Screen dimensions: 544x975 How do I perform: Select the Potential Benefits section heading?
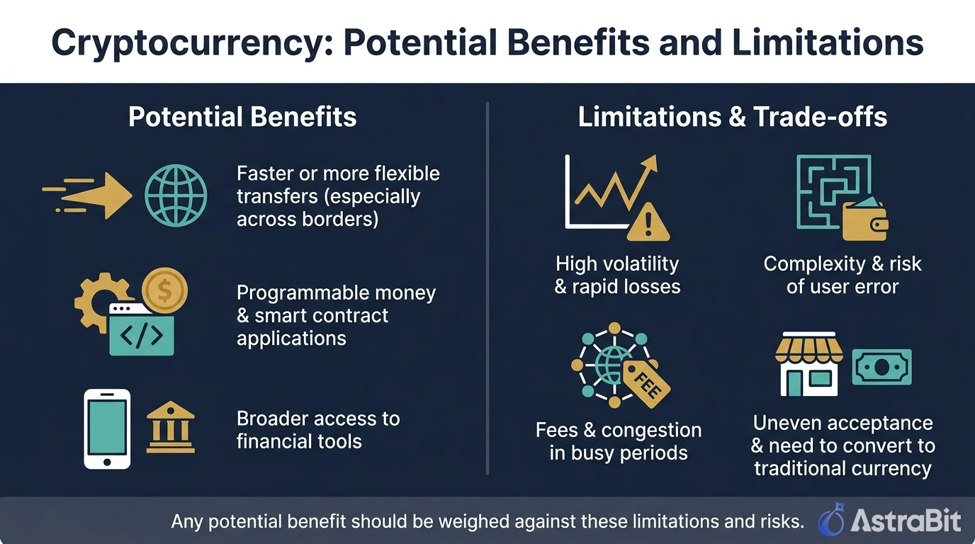tap(242, 117)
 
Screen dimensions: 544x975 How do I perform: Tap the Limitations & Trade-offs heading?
tap(732, 117)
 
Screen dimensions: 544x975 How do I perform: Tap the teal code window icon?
tap(142, 330)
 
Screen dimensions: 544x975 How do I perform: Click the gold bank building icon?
tap(170, 428)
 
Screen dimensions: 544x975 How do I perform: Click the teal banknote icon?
tap(881, 367)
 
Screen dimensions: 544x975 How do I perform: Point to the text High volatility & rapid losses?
tap(617, 275)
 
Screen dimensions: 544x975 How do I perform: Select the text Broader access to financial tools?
tap(318, 429)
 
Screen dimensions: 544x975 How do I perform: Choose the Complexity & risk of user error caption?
tap(842, 275)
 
